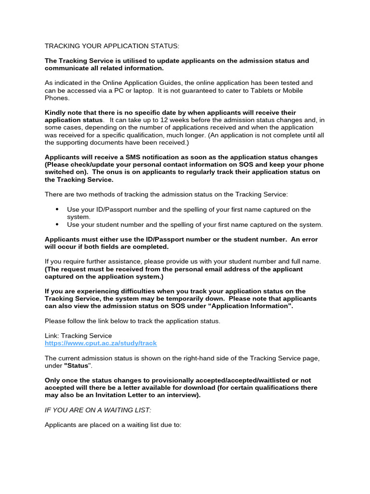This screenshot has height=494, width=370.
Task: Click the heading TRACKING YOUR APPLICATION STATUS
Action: click(112, 46)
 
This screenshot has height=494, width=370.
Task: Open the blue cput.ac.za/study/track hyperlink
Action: click(101, 343)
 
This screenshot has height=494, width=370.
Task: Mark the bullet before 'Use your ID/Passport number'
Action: click(57, 209)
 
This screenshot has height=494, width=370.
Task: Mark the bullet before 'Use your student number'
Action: click(57, 224)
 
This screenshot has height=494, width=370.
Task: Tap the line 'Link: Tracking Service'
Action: click(78, 336)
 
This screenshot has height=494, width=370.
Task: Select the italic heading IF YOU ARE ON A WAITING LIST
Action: click(98, 410)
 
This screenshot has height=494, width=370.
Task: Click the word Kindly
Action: click(56, 112)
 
